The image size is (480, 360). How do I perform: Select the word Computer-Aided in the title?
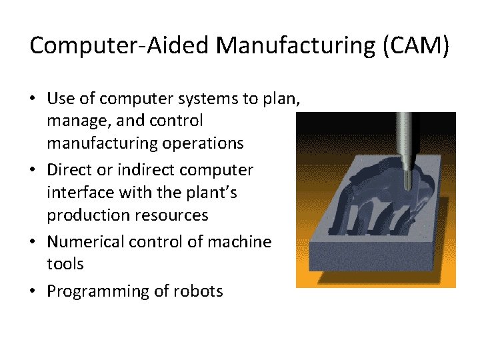tap(121, 45)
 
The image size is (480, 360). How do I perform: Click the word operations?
tap(205, 143)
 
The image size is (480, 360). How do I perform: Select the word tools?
tap(65, 264)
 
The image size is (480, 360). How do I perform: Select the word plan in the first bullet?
tap(285, 99)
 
